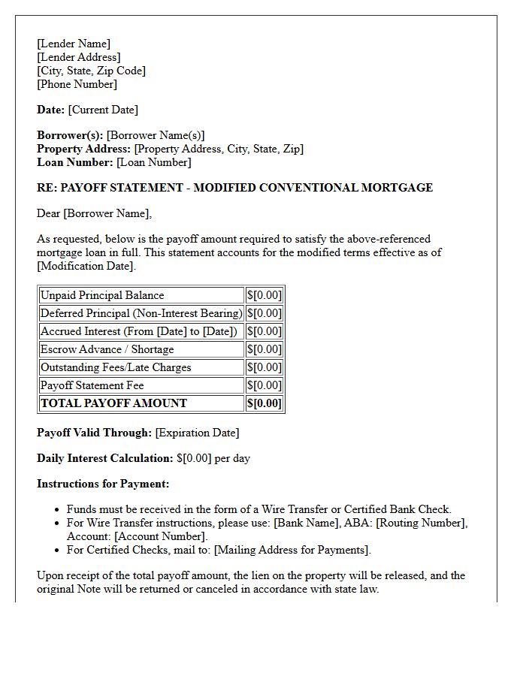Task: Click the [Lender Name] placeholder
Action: pos(74,44)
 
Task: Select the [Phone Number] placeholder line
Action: pos(77,84)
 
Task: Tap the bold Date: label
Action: pos(50,110)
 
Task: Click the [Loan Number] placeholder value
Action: pos(153,162)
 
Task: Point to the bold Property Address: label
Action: pos(84,149)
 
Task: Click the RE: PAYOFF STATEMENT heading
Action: pos(234,188)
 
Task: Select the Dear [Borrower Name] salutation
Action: pos(94,213)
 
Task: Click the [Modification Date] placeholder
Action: pos(86,266)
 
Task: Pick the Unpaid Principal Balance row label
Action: pos(102,295)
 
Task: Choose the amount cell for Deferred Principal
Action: pos(265,313)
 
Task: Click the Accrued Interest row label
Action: pos(138,331)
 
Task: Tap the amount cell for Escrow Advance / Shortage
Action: pos(265,349)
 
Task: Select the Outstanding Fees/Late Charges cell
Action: pos(116,367)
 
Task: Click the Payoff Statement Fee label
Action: pos(92,385)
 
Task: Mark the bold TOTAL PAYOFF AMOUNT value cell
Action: pos(265,403)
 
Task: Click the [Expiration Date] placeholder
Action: pos(197,433)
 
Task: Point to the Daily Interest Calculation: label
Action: pos(105,458)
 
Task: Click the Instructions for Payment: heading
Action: pos(103,484)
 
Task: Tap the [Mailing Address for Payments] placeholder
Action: pos(292,550)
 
